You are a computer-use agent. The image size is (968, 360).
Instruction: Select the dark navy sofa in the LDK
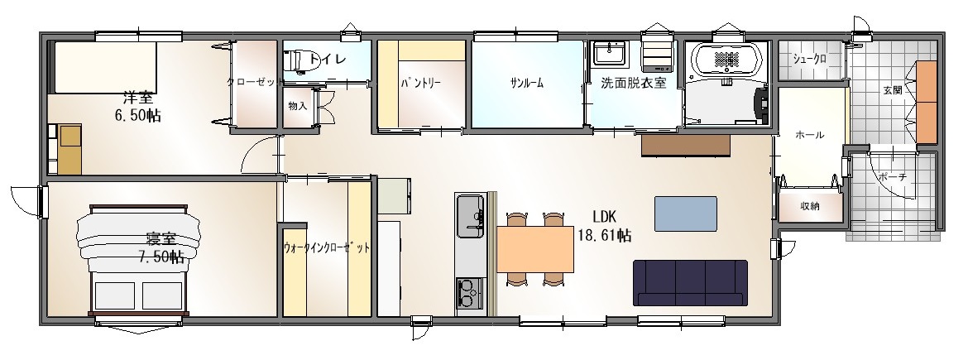coord(690,283)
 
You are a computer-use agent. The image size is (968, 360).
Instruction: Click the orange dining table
coord(535,249)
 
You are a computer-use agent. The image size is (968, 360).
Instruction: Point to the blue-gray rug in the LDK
coord(686,214)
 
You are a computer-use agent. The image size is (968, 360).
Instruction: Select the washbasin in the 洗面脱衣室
coord(609,52)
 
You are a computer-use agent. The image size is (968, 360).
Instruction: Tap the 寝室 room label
coord(161,238)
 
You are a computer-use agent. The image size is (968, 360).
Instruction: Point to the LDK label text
coord(605,217)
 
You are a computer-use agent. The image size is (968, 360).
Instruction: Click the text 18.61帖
coord(605,235)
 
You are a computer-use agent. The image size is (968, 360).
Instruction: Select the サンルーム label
coord(526,84)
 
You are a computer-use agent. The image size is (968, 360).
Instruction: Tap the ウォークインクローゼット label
coord(327,248)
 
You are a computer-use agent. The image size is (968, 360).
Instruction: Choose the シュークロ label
coord(809,60)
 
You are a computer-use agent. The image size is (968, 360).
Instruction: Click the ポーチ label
coord(892,176)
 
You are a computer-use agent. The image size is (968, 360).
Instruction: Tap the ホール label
coord(810,135)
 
